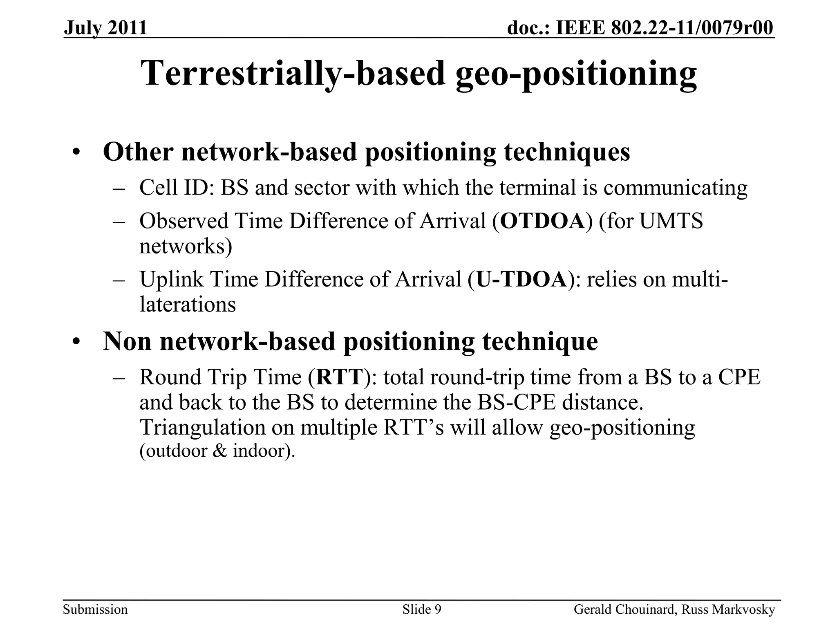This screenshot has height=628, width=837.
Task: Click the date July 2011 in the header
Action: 105,28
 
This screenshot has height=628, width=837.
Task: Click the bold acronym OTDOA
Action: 542,221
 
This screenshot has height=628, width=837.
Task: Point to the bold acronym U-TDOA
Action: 522,280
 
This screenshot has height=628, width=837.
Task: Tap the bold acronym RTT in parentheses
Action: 339,377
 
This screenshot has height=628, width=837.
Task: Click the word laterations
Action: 188,305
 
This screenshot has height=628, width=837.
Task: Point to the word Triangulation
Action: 202,428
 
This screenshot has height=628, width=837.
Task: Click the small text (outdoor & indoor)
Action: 217,451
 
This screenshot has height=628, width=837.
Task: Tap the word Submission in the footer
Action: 95,610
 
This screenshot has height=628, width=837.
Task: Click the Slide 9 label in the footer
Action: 421,610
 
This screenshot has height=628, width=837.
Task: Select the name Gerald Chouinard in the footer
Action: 624,610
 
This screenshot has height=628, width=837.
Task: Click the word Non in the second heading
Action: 127,341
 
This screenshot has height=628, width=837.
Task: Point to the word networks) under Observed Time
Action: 186,247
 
